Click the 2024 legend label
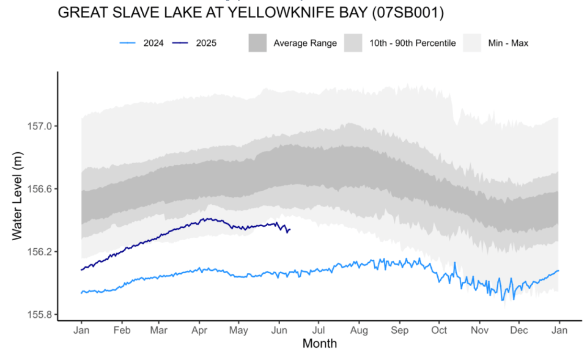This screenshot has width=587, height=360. tap(153, 43)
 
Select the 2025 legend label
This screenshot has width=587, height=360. tap(206, 43)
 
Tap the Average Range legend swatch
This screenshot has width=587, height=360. tap(258, 43)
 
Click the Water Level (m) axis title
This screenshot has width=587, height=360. tap(18, 197)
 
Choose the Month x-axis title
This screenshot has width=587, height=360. tap(319, 343)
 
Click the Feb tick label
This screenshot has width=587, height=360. tap(121, 331)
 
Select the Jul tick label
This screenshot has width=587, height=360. tap(318, 331)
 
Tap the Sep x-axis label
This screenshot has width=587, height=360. tap(399, 331)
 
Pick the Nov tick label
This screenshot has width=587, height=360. tap(479, 331)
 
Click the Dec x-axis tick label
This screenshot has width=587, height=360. tap(519, 331)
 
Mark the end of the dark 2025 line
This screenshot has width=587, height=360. tap(289, 230)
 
